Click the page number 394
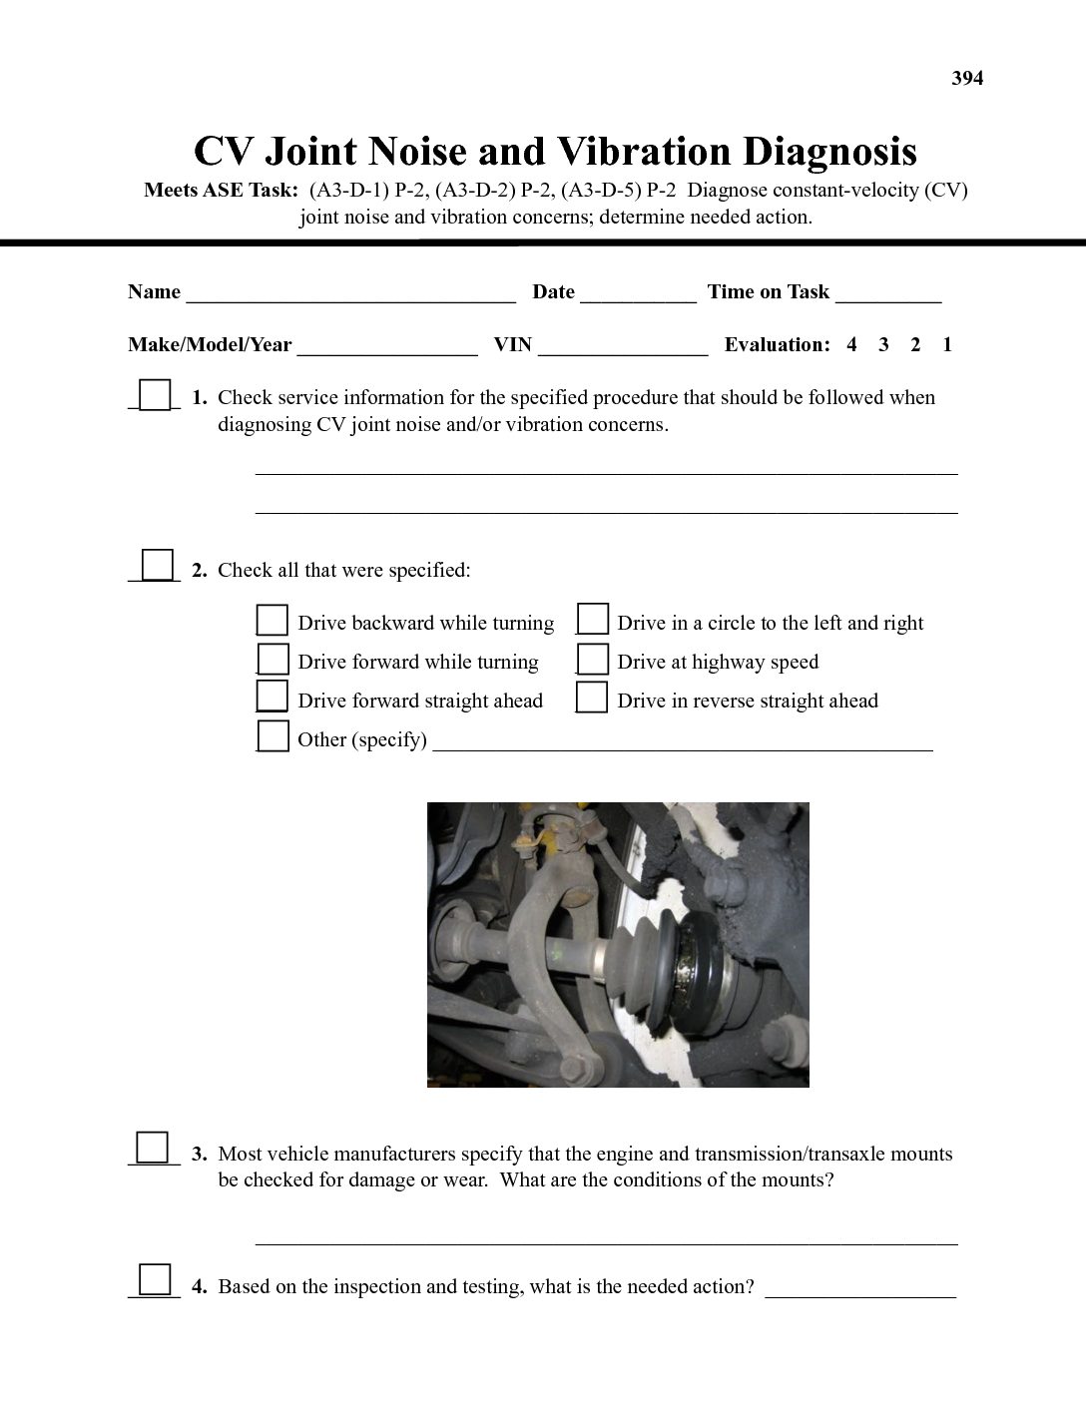point(967,79)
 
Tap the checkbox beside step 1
point(155,395)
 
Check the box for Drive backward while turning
point(272,621)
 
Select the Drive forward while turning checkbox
point(272,660)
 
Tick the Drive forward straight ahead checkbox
point(272,698)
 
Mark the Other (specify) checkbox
point(272,736)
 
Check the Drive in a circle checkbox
point(593,620)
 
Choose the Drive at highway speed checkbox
point(593,660)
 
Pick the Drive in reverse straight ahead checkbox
point(593,698)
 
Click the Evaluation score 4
point(851,345)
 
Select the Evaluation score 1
point(947,345)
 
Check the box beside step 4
point(155,1280)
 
